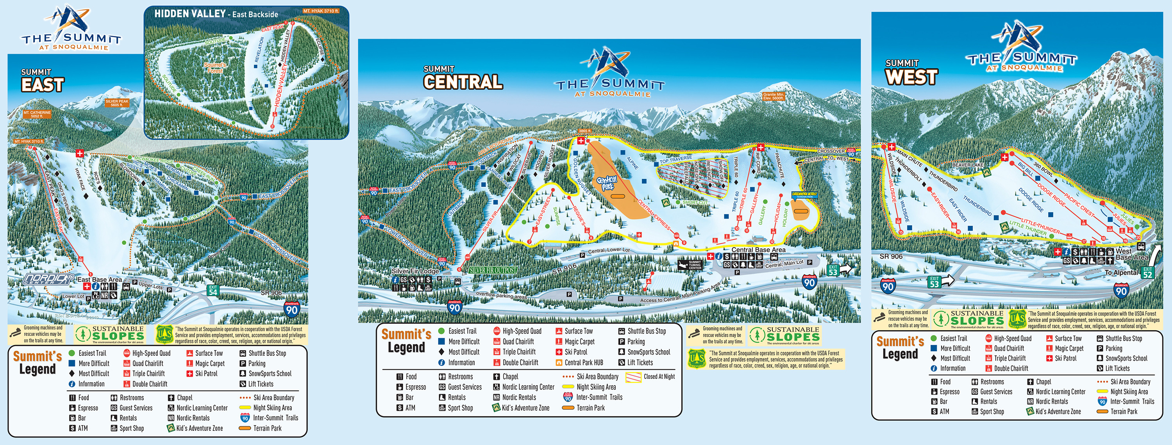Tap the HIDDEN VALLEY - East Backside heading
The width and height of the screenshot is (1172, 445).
[216, 14]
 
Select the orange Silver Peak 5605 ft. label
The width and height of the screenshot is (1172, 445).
[117, 103]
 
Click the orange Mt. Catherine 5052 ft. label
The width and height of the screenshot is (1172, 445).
[37, 114]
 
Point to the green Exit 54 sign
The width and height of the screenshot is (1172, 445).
[213, 290]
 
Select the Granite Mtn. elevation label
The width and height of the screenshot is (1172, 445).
[773, 96]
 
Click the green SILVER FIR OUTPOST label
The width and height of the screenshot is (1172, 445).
[493, 270]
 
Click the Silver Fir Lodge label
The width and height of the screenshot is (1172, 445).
[415, 271]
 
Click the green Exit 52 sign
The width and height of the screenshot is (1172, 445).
[1147, 273]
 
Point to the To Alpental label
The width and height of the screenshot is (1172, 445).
[1121, 273]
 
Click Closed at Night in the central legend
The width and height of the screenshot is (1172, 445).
[658, 376]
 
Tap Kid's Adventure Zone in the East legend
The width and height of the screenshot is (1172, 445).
[199, 428]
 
